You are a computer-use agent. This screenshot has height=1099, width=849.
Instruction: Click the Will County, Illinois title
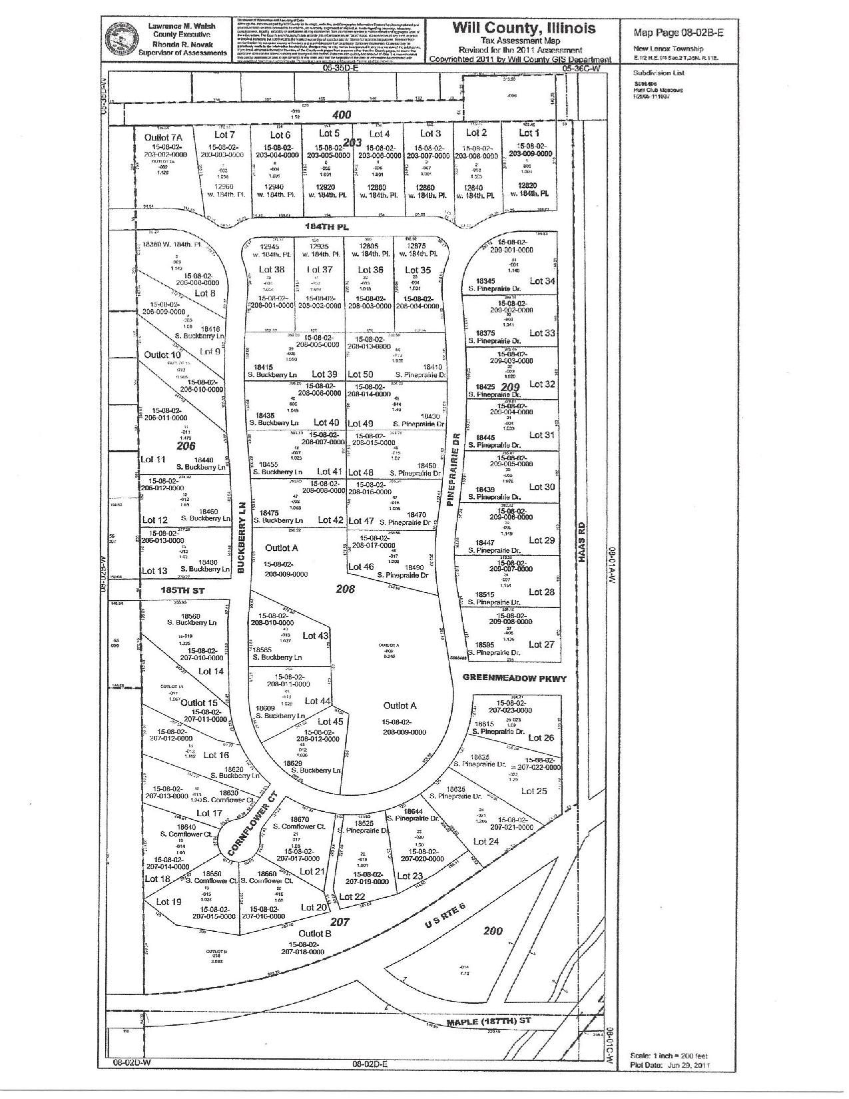(524, 28)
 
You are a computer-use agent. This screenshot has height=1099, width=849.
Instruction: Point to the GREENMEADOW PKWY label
(515, 679)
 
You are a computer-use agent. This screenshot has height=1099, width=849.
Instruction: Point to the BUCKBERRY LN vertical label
(242, 538)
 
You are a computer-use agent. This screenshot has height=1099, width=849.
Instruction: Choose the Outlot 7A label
(162, 137)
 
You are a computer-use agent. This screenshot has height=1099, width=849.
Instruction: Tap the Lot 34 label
(541, 281)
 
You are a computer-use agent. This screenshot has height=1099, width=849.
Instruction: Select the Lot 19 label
(168, 902)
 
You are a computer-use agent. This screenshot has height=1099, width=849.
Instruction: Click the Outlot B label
(314, 934)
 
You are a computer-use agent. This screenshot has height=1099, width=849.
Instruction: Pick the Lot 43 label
(315, 635)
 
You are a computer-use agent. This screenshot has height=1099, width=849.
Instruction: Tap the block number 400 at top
(342, 115)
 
